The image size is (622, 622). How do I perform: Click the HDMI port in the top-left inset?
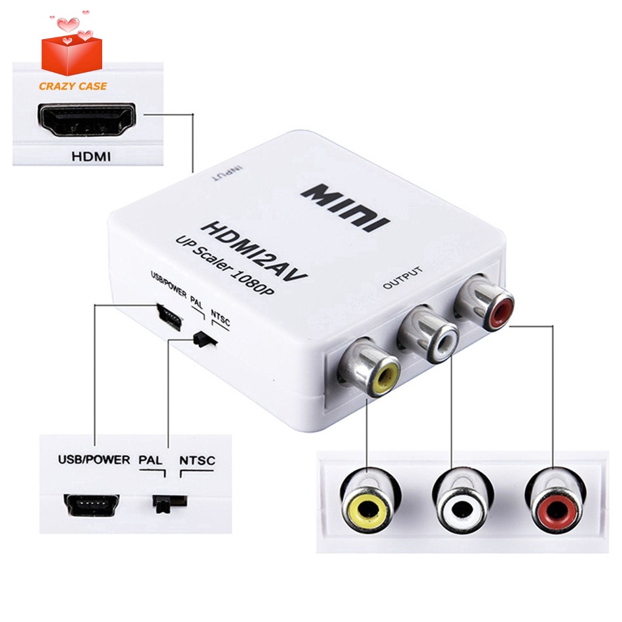pos(87,119)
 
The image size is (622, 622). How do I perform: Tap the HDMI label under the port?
pos(91,156)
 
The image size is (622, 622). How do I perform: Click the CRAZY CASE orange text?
pos(73,86)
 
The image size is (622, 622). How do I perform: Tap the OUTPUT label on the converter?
pos(403,278)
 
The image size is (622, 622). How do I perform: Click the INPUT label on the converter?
pos(228,174)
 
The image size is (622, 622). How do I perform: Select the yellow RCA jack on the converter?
pos(369,367)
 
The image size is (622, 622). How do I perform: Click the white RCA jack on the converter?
pos(428,333)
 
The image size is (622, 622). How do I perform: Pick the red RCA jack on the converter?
pos(485,302)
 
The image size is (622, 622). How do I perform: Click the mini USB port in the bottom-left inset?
pos(92,505)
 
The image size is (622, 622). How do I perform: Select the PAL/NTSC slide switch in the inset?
pos(170,503)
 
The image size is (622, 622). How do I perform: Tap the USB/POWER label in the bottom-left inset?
pos(94,460)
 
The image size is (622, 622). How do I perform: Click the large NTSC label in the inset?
pos(197,460)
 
